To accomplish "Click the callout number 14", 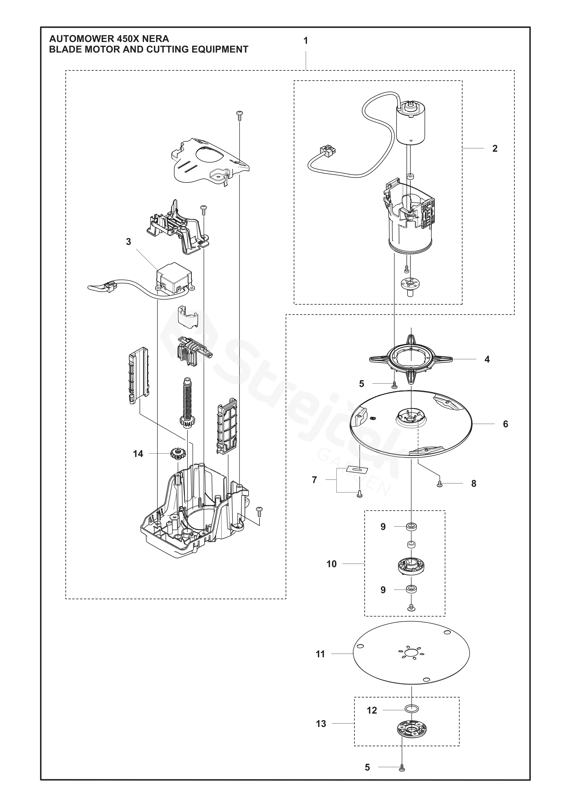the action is click(138, 454).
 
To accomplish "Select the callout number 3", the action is click(128, 242).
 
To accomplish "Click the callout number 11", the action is click(320, 654).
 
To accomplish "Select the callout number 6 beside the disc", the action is click(505, 424).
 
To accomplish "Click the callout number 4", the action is click(487, 359).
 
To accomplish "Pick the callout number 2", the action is click(495, 149).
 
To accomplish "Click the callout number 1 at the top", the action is click(306, 41).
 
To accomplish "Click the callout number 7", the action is click(314, 480).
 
